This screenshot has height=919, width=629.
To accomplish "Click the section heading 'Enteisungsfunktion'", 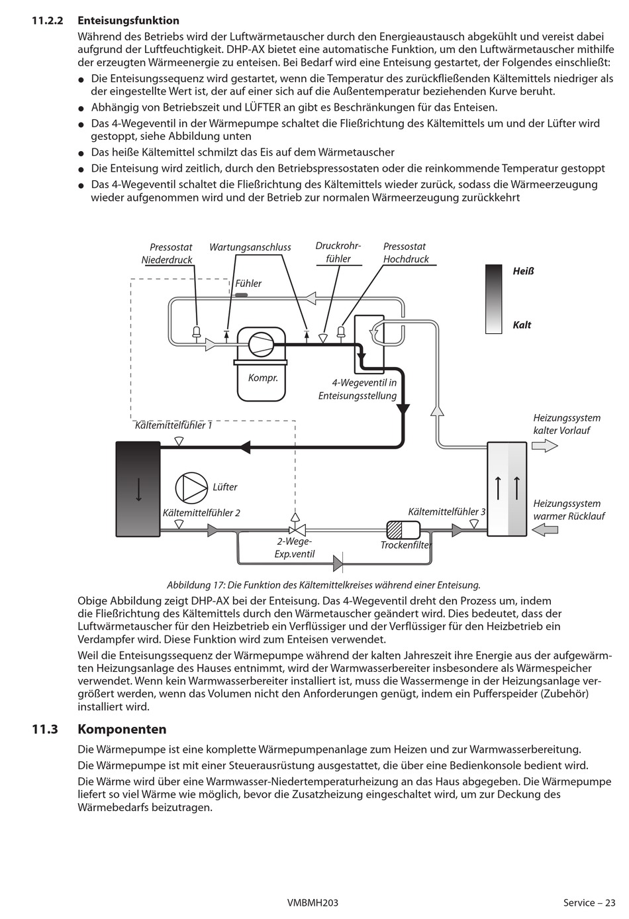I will [128, 21].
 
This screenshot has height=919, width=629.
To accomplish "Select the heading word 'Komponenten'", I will [122, 730].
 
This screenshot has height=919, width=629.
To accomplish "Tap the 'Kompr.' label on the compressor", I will [263, 378].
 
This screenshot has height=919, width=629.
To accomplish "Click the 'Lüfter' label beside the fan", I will [224, 487].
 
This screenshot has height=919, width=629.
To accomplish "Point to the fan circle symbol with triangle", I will [191, 488].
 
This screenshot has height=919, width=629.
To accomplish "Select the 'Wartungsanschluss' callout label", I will [250, 247].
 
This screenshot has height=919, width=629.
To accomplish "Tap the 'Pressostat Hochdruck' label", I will [405, 252].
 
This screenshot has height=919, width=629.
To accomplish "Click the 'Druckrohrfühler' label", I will [338, 252].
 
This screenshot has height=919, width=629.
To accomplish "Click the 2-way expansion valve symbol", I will [295, 529].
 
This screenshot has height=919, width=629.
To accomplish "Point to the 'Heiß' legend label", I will [523, 271].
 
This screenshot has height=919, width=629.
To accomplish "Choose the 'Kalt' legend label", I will [522, 325].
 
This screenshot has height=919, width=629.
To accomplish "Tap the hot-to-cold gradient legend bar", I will [493, 299].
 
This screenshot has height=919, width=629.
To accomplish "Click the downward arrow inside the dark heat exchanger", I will [138, 489].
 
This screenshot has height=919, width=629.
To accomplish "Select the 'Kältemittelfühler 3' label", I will [446, 512].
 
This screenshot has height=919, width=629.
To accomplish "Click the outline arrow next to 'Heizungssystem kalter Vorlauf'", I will [544, 447].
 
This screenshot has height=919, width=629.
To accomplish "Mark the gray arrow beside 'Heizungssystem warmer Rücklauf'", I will [545, 529].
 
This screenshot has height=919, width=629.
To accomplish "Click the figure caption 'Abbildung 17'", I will [323, 585].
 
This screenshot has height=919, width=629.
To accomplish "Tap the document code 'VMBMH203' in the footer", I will [313, 902].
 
